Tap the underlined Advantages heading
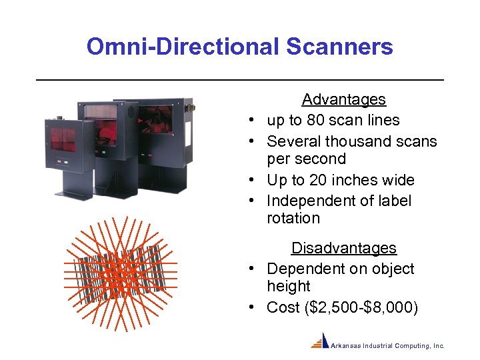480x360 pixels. click(x=343, y=99)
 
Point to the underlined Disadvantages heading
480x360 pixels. click(x=343, y=248)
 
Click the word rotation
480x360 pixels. click(x=293, y=219)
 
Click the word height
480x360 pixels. click(x=288, y=287)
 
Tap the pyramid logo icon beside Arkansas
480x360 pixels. click(x=321, y=341)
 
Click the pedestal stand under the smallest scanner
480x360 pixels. click(x=73, y=180)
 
